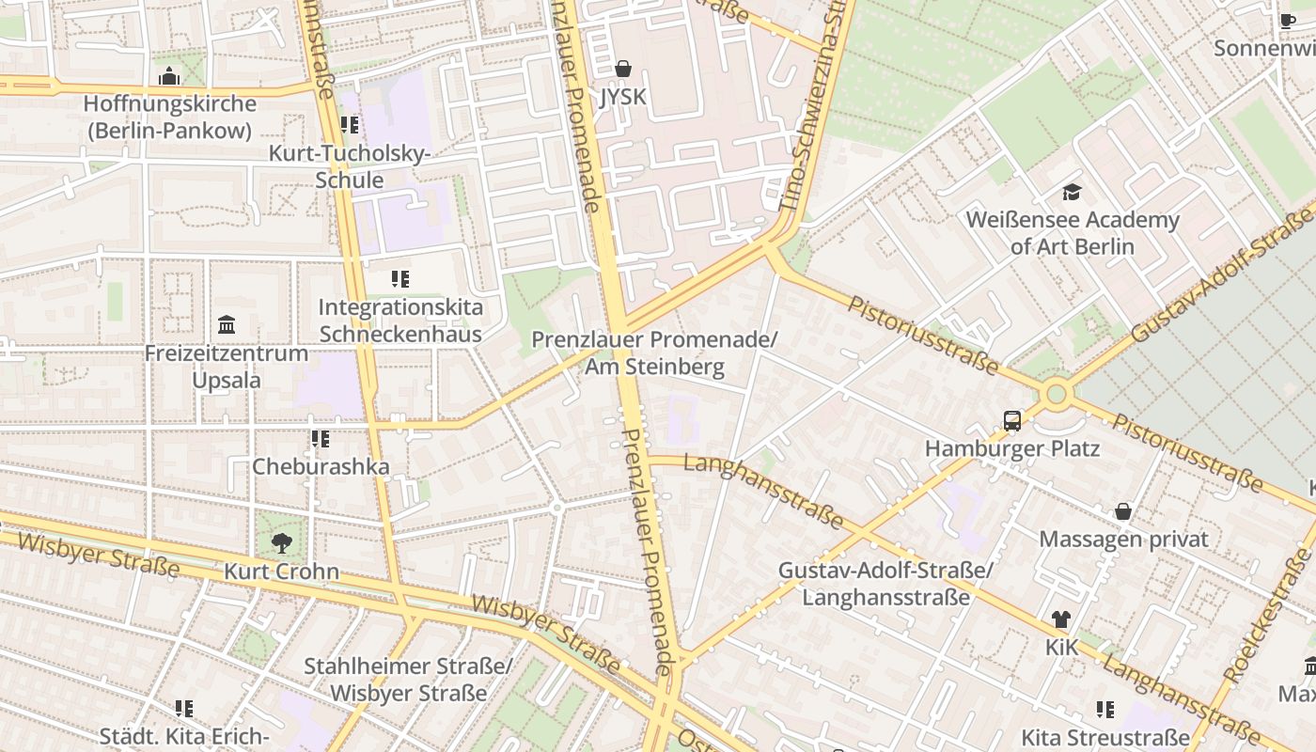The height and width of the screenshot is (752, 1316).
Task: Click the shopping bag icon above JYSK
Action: [x=622, y=69]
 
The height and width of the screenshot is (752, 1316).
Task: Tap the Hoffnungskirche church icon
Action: [x=169, y=76]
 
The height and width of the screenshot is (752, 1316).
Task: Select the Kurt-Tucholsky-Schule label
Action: [x=349, y=166]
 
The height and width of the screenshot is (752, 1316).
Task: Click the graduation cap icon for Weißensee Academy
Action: [x=1072, y=193]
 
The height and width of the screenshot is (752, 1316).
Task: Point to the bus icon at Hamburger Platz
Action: [x=1012, y=420]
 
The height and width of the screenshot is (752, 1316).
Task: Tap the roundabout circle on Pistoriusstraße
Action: [x=1057, y=393]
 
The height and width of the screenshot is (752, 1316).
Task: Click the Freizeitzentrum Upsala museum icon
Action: [x=227, y=325]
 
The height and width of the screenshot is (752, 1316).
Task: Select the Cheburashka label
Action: [x=321, y=466]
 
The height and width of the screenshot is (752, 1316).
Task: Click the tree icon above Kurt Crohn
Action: [x=281, y=542]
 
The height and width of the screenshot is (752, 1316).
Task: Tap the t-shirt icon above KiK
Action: [x=1061, y=619]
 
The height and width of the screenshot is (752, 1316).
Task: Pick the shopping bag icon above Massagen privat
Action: [x=1122, y=511]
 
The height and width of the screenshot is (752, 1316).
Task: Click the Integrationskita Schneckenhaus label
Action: [x=400, y=321]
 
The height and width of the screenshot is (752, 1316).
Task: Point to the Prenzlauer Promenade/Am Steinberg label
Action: [x=654, y=352]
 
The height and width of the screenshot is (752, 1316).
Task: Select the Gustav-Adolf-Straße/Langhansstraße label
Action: [x=885, y=584]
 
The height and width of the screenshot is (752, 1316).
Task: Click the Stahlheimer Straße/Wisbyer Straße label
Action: [x=408, y=680]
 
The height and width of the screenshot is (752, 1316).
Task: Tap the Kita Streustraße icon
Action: [x=1105, y=709]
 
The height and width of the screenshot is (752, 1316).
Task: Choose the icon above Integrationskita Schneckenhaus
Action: [x=400, y=279]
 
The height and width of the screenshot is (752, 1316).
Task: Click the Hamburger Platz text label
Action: [x=1012, y=448]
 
